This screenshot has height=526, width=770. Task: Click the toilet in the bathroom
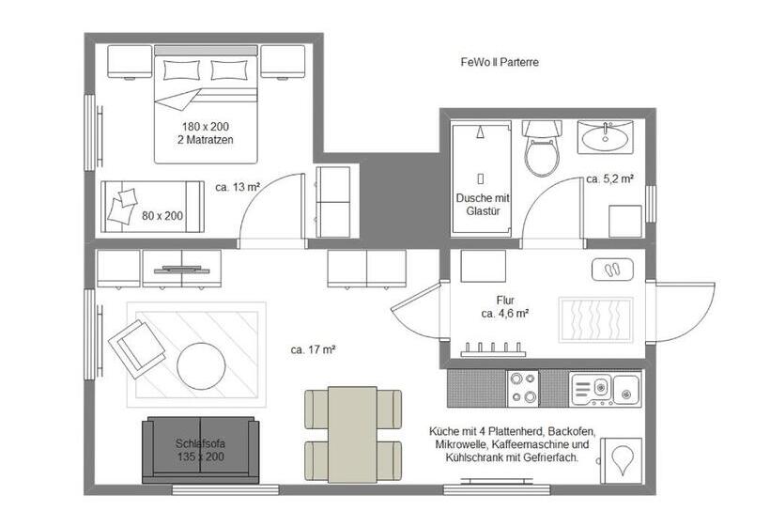coord(541,147)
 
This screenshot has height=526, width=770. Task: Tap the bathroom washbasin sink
coord(605,137)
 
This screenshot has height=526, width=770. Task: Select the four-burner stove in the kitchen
coord(522,388)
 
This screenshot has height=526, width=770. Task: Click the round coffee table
coord(201,366)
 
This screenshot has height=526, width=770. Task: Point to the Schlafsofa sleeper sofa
coord(200,450)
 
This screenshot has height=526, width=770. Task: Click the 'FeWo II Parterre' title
coord(500,62)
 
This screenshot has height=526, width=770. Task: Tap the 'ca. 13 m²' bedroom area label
coord(238,187)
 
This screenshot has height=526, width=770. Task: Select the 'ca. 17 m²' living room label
coord(313,349)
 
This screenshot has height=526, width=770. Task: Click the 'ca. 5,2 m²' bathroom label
coord(609,178)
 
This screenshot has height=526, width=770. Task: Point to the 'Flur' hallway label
coord(505,300)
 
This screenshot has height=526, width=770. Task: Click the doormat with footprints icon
coord(612,270)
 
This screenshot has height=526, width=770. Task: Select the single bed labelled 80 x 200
coord(152,207)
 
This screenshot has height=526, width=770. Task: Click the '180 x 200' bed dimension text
coord(206,126)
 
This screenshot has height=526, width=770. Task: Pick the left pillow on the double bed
coord(181,70)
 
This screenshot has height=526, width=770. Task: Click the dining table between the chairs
coord(352,435)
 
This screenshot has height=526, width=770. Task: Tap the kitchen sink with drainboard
coord(605,390)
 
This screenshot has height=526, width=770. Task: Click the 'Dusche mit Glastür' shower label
coord(483,205)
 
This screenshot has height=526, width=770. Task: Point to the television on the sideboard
coord(181,270)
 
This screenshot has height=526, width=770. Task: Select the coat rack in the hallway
coord(493,349)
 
